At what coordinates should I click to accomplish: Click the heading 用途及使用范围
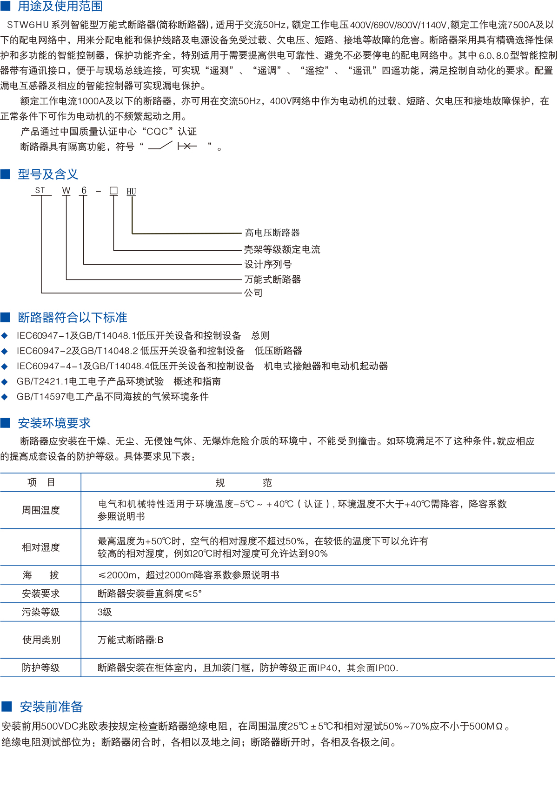[x=60, y=6]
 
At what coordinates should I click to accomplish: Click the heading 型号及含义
[x=48, y=174]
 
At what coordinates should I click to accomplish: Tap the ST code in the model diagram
[x=40, y=190]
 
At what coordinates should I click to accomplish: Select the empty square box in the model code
[x=113, y=191]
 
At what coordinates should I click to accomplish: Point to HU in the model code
[x=131, y=192]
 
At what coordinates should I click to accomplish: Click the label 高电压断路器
[x=272, y=233]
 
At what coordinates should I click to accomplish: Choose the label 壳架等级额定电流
[x=282, y=249]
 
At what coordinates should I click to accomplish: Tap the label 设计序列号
[x=268, y=265]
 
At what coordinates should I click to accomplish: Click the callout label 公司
[x=253, y=293]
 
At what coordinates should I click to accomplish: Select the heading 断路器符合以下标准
[x=72, y=318]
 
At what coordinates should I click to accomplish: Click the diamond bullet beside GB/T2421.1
[x=5, y=382]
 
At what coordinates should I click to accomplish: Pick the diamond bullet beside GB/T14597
[x=5, y=397]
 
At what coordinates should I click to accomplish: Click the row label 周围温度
[x=41, y=510]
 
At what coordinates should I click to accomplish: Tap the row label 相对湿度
[x=41, y=547]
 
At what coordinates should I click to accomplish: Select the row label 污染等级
[x=41, y=612]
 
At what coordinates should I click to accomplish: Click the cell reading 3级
[x=105, y=612]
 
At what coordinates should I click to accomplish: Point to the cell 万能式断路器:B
[x=131, y=640]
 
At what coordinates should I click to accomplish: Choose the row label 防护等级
[x=41, y=668]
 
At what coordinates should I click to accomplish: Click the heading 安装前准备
[x=51, y=707]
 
